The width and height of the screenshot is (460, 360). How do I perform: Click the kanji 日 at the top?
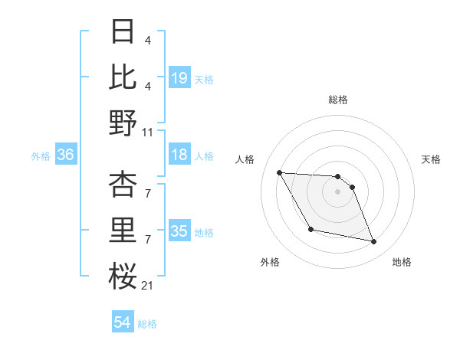click(123, 32)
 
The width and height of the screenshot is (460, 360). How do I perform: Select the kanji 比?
click(123, 76)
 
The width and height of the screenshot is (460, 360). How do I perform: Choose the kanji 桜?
click(123, 275)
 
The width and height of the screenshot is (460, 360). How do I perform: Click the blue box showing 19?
click(179, 77)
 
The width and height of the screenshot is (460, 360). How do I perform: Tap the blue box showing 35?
click(179, 231)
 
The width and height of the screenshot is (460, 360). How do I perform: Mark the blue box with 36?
click(65, 155)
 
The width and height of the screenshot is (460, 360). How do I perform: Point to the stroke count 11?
click(149, 132)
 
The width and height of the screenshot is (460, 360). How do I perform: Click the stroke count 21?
click(149, 286)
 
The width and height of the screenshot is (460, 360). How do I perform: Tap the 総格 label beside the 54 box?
click(147, 324)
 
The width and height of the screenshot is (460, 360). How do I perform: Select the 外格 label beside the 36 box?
click(41, 156)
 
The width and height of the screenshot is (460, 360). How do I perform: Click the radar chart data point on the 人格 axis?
click(279, 172)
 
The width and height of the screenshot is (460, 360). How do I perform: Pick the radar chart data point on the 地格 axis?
click(374, 242)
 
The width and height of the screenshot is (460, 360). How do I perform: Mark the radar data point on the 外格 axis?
click(310, 229)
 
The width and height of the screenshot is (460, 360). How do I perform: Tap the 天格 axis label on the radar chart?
click(432, 159)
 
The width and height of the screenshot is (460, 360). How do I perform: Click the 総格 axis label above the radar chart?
click(337, 100)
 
